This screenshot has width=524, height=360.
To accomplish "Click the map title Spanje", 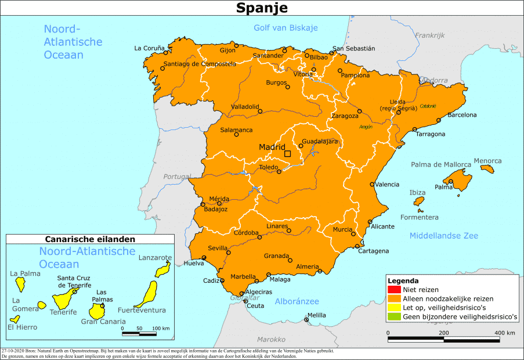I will tap(261, 8).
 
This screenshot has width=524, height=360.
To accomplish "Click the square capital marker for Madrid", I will tap(287, 154).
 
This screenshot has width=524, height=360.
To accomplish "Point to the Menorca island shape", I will tap(487, 169).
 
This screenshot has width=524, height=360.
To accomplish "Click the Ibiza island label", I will tap(417, 192).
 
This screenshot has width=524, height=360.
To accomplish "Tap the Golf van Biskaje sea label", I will tap(286, 28).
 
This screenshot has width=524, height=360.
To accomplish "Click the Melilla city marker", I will tap(306, 319).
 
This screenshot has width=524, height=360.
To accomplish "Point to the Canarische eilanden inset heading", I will tap(90, 239).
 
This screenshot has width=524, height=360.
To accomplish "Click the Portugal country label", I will tap(176, 177).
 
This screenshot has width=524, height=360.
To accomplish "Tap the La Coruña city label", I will tap(150, 48).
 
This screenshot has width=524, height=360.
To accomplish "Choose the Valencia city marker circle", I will tap(372, 184).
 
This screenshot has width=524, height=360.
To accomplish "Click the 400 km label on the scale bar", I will tap(504, 333).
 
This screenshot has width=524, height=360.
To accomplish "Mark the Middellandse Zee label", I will tap(443, 236).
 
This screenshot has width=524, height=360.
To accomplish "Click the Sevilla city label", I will tap(218, 248).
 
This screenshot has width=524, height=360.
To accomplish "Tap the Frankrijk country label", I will tap(429, 35).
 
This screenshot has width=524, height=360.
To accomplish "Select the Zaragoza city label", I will tap(344, 116).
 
